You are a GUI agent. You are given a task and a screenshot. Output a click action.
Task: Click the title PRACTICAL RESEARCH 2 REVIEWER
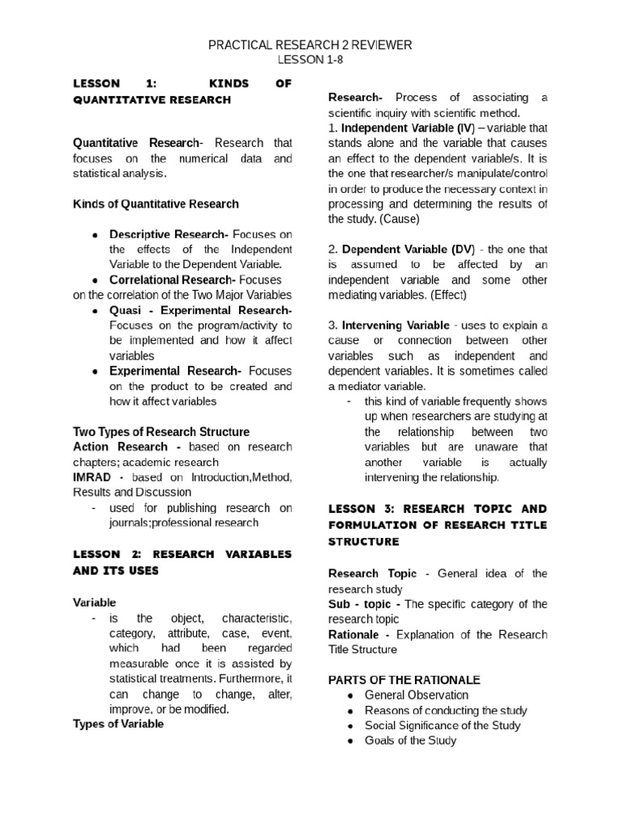pyautogui.click(x=310, y=45)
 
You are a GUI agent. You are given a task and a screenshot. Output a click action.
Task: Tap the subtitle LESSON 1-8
pyautogui.click(x=310, y=61)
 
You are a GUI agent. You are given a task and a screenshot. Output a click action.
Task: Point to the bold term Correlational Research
pyautogui.click(x=172, y=280)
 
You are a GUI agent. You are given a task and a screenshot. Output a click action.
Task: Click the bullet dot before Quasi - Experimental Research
pyautogui.click(x=95, y=311)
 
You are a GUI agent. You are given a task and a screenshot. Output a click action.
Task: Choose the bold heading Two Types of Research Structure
pyautogui.click(x=161, y=432)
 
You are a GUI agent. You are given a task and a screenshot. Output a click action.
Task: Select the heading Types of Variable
pyautogui.click(x=118, y=724)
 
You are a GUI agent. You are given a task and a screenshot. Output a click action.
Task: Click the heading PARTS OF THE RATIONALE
pyautogui.click(x=404, y=679)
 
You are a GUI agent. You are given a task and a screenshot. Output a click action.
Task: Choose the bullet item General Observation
pyautogui.click(x=416, y=695)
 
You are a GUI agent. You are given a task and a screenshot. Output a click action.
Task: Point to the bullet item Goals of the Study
pyautogui.click(x=411, y=741)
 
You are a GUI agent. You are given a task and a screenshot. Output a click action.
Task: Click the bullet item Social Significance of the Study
pyautogui.click(x=442, y=725)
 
